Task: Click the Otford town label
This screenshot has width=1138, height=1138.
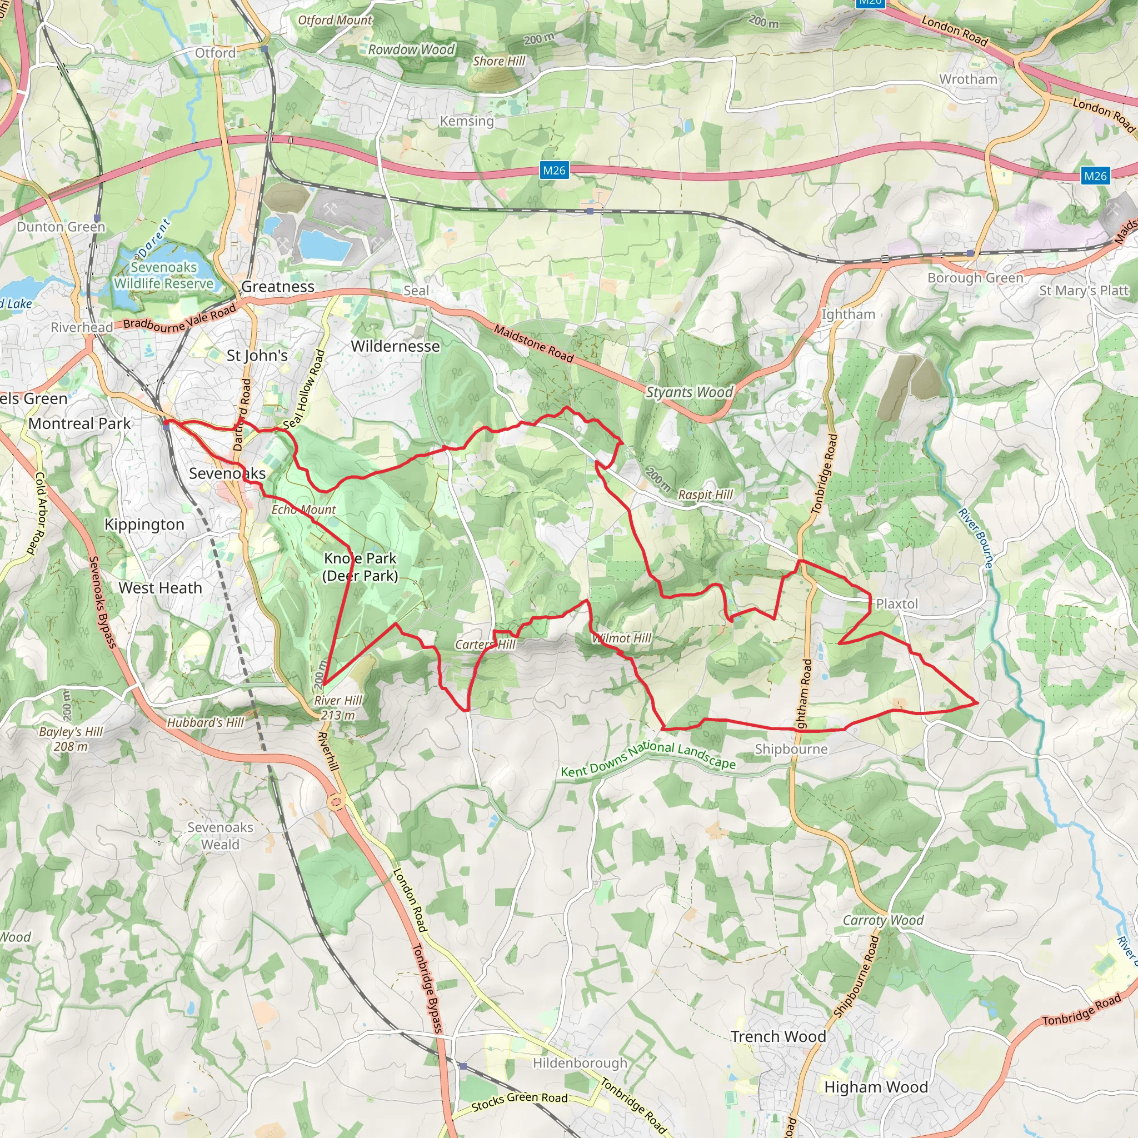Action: coord(215,53)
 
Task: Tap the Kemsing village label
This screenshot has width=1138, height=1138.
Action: coord(467,121)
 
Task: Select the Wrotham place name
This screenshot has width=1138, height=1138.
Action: coord(969,79)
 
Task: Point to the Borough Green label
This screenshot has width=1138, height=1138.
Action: coord(975,278)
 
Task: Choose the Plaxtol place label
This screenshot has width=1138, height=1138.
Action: coord(896,604)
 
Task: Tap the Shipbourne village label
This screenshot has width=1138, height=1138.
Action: coord(791,748)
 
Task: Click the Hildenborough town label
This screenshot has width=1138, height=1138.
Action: coord(580,1062)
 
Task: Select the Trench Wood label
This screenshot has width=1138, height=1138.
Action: coord(777,1036)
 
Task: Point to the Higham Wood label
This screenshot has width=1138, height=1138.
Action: coord(876,1087)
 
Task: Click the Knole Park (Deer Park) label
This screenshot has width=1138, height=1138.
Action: coord(360,567)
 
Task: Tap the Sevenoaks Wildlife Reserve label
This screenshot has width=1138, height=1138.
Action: coord(164,276)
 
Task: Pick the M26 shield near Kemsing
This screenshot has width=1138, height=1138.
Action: coord(553,171)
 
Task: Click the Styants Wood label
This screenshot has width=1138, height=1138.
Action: coord(689,392)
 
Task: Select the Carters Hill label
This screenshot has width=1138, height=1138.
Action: coord(485,645)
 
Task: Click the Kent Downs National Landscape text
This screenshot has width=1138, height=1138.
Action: coord(648,759)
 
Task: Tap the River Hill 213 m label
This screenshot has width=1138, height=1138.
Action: coord(337,707)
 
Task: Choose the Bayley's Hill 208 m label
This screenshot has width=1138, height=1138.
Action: coord(71,738)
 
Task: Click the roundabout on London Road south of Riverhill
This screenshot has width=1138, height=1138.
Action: coord(336,801)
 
